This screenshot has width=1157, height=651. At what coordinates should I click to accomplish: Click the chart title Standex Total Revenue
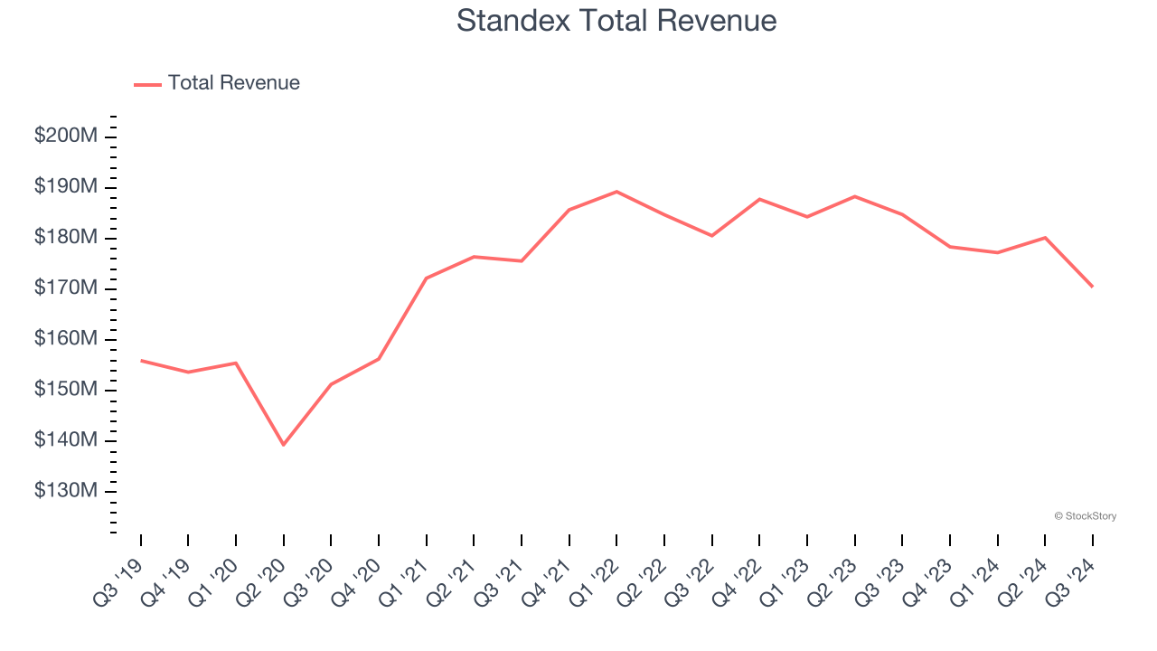pos(616,21)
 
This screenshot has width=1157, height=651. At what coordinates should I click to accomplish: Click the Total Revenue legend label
pos(233,83)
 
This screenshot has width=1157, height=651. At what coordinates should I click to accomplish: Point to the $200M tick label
pos(66,136)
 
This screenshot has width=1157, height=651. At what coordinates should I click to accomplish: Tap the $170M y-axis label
pos(66,288)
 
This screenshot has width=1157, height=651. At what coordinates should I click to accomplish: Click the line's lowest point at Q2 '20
pos(283,445)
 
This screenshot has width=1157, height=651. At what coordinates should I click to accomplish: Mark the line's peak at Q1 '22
pos(616,192)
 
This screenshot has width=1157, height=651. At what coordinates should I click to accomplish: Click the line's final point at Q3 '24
pos(1093,287)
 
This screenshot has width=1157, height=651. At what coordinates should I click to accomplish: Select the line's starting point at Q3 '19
pos(141,361)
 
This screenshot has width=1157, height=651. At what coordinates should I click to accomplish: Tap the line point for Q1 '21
pos(426,278)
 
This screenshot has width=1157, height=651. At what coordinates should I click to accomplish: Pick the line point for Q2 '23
pos(854,196)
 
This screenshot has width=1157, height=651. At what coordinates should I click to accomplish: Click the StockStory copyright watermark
pos(1086,516)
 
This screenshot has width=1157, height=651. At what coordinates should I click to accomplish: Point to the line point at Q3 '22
pos(711,236)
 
